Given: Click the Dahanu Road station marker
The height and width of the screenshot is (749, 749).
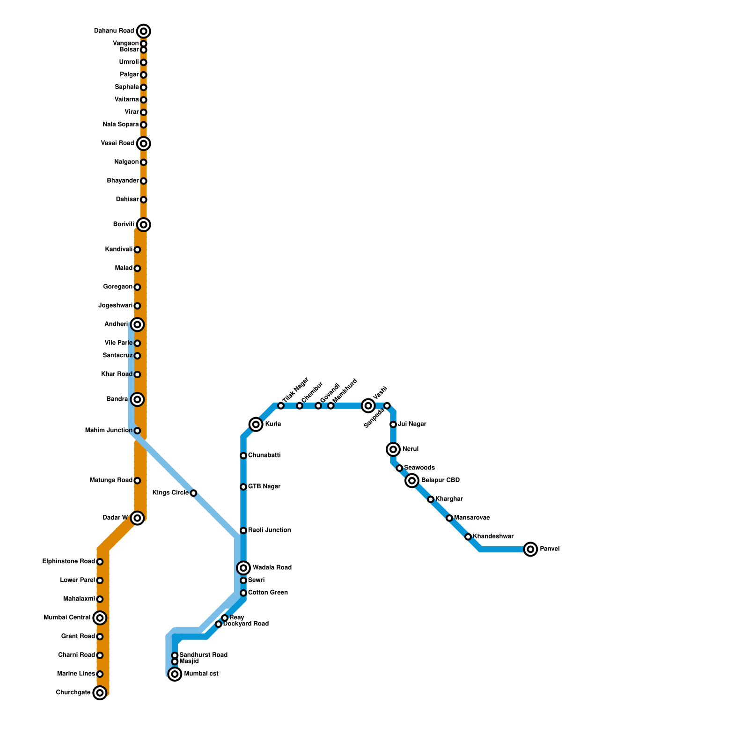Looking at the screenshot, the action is tap(144, 31).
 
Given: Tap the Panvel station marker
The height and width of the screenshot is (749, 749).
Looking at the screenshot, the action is tap(530, 549).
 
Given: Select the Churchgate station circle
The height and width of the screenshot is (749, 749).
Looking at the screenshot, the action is tap(100, 693).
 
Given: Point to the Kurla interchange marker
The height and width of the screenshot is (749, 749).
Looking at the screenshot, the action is tap(256, 425).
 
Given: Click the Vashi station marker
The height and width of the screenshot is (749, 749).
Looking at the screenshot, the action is tap(368, 406).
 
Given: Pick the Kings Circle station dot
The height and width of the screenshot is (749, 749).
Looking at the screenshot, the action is tap(193, 493).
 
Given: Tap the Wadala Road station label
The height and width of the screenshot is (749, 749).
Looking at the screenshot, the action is tap(272, 568).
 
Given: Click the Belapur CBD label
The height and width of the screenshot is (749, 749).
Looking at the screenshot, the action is tap(440, 480).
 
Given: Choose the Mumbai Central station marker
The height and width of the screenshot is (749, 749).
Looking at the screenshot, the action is tap(100, 618).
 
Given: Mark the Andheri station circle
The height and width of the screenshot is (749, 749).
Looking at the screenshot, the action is tap(137, 324).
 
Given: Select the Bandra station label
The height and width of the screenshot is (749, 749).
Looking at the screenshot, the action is tap(117, 399).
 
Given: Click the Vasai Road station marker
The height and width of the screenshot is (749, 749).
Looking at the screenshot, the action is tap(144, 143).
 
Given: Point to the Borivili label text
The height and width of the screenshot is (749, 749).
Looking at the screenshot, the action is tap(124, 225).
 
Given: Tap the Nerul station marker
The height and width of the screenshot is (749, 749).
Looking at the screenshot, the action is tap(393, 449).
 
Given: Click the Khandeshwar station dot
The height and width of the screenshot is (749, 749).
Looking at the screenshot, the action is tap(468, 537).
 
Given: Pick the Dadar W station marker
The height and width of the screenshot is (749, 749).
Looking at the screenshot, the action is tap(137, 518).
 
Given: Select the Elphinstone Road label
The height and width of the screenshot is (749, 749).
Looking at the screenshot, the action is tap(68, 562).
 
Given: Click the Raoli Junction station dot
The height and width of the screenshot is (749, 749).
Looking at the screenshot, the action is tap(243, 530).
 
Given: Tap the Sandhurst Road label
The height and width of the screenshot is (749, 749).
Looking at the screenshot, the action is tap(203, 655).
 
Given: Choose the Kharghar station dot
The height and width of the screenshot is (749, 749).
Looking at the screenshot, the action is tap(431, 499).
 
